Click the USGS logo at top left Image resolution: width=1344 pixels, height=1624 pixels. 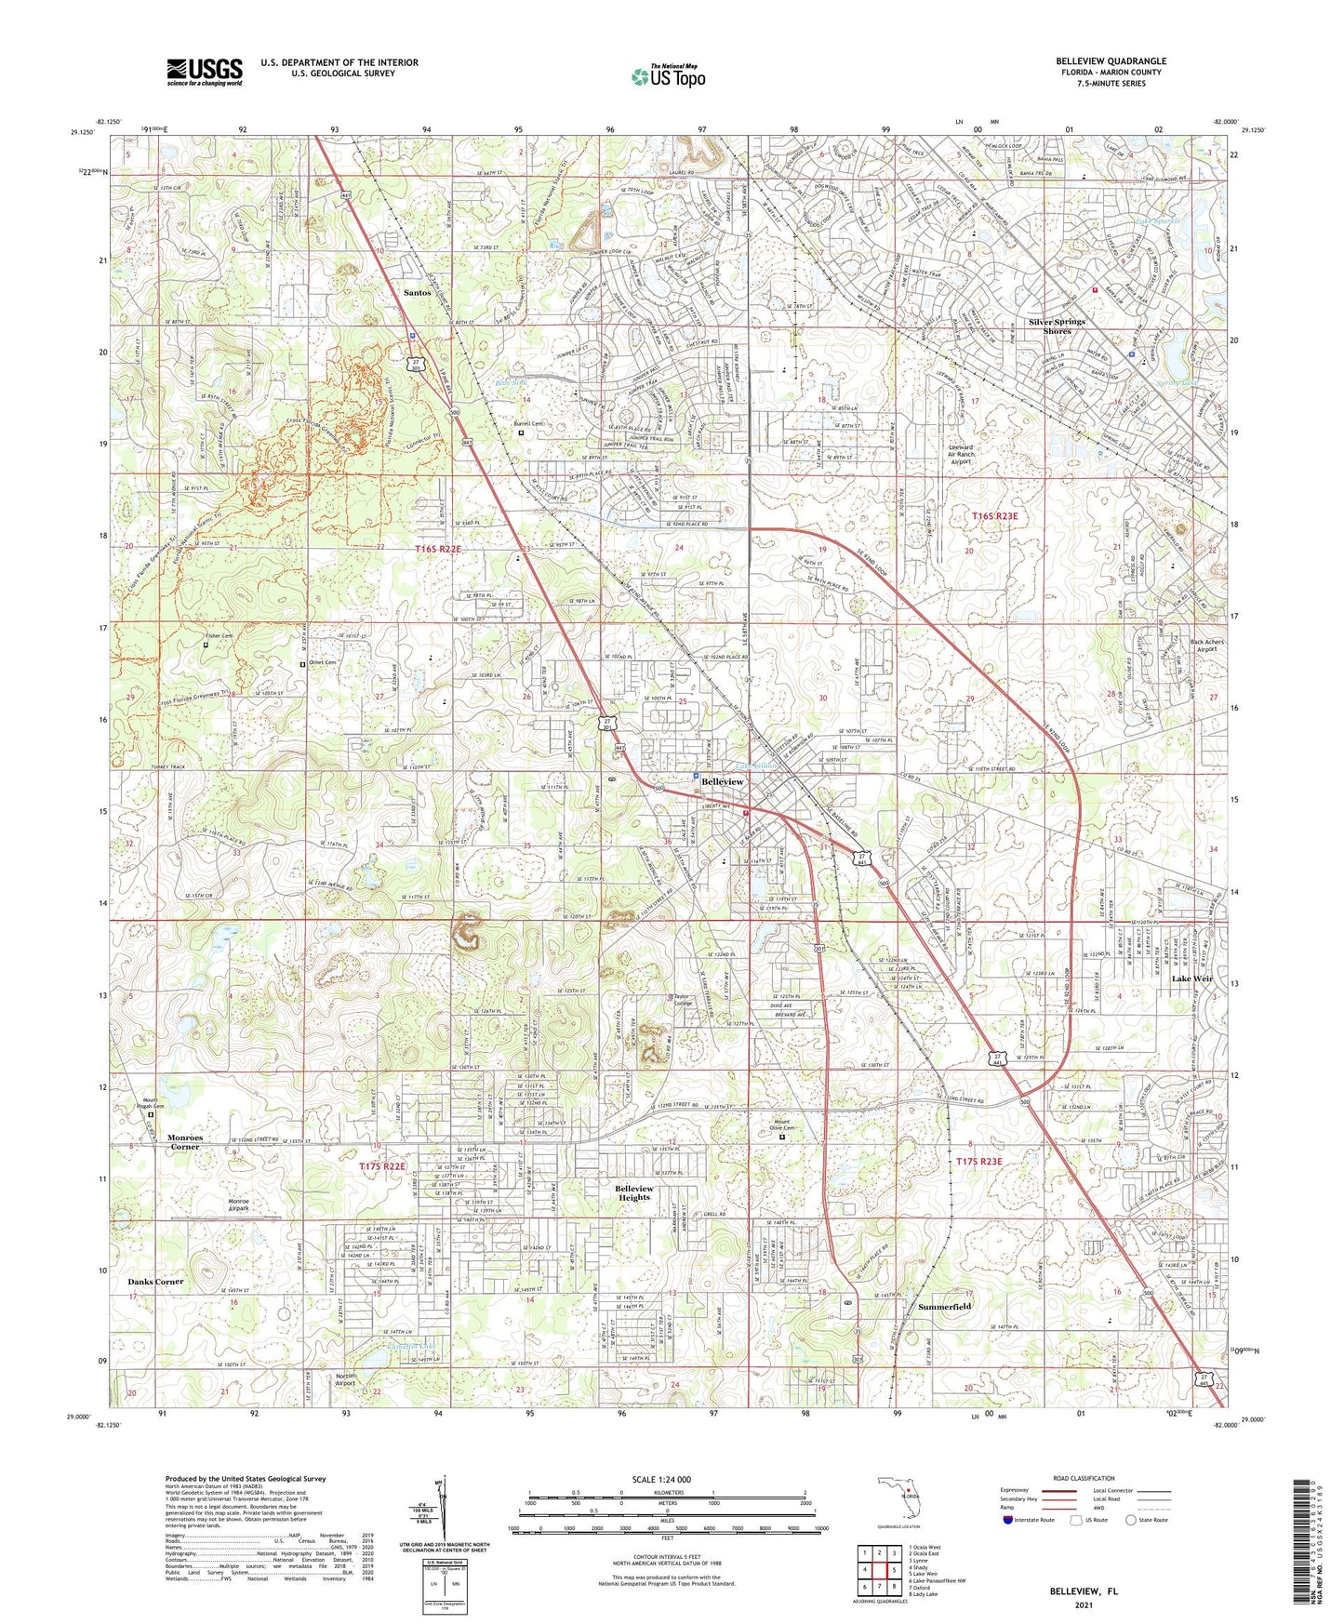pos(205,71)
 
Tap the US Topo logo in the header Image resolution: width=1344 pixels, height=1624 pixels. pos(668,76)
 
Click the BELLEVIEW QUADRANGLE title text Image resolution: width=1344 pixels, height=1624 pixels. pos(1111,61)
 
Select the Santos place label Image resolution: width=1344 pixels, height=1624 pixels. pos(417,292)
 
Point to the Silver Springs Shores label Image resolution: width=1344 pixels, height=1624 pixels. pos(1057,326)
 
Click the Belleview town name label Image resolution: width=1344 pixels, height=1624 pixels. pos(723,782)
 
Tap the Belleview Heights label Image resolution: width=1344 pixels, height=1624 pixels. pos(634,1193)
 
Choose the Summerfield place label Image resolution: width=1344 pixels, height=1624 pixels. pos(945,1307)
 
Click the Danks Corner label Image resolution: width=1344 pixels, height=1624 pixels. pos(155,1282)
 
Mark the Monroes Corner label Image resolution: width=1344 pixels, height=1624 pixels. pos(184,1142)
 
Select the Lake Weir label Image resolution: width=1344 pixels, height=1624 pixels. pos(1191,979)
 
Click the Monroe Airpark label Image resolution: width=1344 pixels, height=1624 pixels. pos(239,1205)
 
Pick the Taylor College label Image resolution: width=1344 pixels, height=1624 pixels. pos(684,1000)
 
